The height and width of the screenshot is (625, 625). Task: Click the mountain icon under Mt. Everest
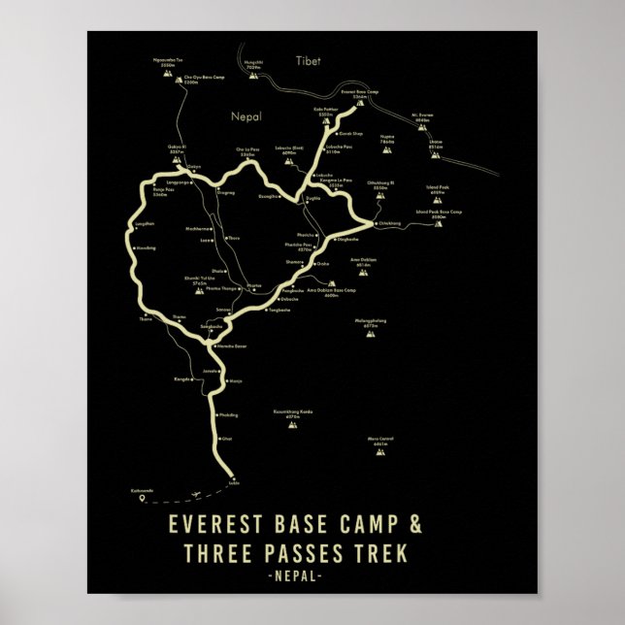pos(421,128)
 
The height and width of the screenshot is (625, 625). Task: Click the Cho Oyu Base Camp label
pos(190,81)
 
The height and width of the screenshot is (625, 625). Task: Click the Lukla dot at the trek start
pos(233,477)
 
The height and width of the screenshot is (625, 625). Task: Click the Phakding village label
pos(229,414)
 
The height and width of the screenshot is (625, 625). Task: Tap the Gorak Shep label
pos(350,132)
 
